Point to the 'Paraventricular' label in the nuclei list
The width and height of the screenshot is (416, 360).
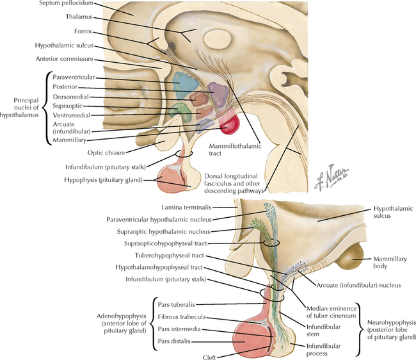pos(74,77)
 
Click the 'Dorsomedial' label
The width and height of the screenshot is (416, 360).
pos(71,96)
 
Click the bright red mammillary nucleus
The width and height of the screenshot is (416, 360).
pos(228,124)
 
